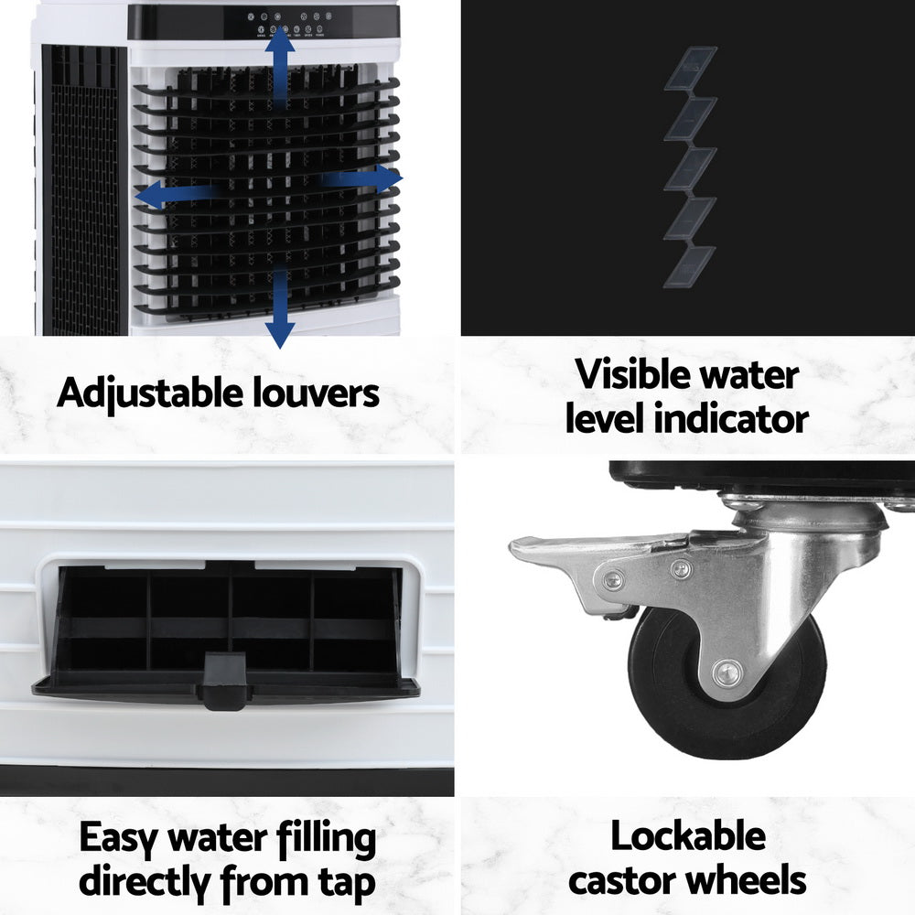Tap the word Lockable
(x=688, y=836)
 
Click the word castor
(x=622, y=880)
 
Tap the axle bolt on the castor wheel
(x=727, y=674)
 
